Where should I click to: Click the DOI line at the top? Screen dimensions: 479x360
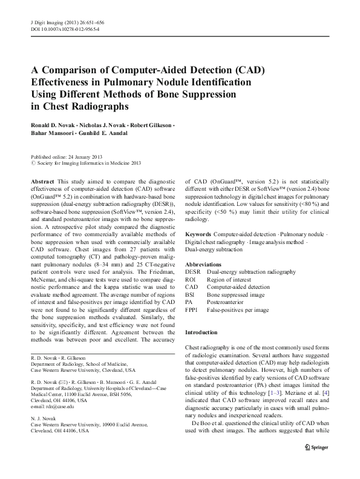65,29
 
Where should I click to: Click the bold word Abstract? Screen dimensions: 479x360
42,182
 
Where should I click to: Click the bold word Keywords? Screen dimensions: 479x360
198,234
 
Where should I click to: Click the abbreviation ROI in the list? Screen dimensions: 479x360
191,280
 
